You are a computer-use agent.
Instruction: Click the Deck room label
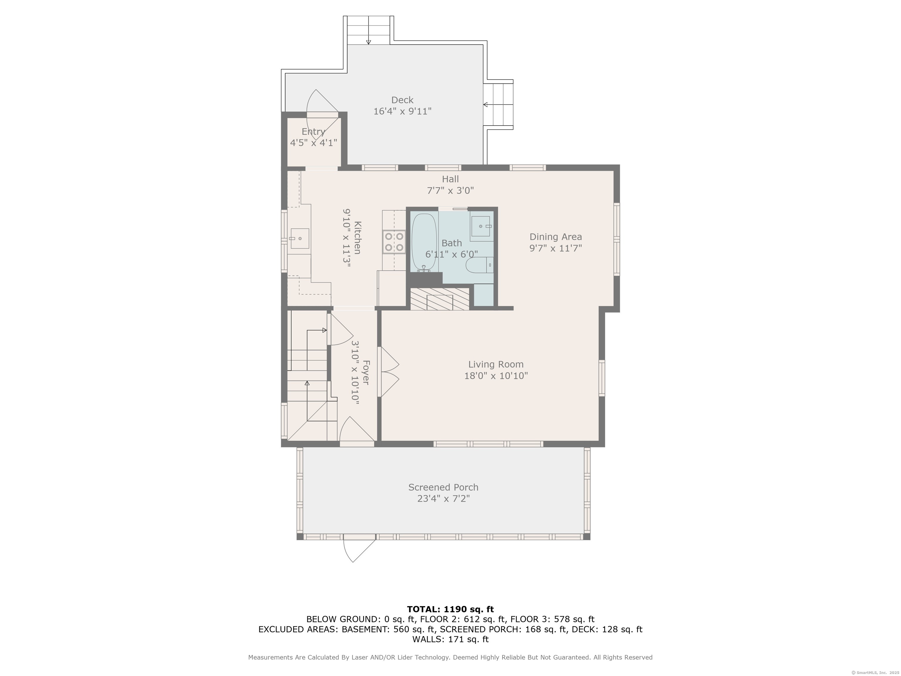click(402, 100)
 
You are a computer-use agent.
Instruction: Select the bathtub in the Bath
click(424, 243)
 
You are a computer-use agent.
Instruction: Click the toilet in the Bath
click(480, 265)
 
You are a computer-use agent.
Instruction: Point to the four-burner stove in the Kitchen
click(394, 242)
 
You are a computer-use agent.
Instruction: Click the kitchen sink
click(299, 238)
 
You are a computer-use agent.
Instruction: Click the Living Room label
click(496, 364)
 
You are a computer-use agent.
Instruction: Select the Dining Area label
click(555, 237)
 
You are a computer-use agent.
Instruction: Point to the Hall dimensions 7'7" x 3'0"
click(450, 190)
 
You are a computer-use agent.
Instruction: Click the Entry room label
click(313, 132)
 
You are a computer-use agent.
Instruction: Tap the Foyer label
click(366, 372)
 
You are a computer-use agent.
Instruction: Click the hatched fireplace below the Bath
click(440, 299)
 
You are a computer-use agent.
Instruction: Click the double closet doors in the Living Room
click(389, 372)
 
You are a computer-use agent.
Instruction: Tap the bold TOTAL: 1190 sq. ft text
click(450, 609)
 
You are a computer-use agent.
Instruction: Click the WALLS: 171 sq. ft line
click(450, 639)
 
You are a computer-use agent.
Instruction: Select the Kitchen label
click(357, 238)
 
